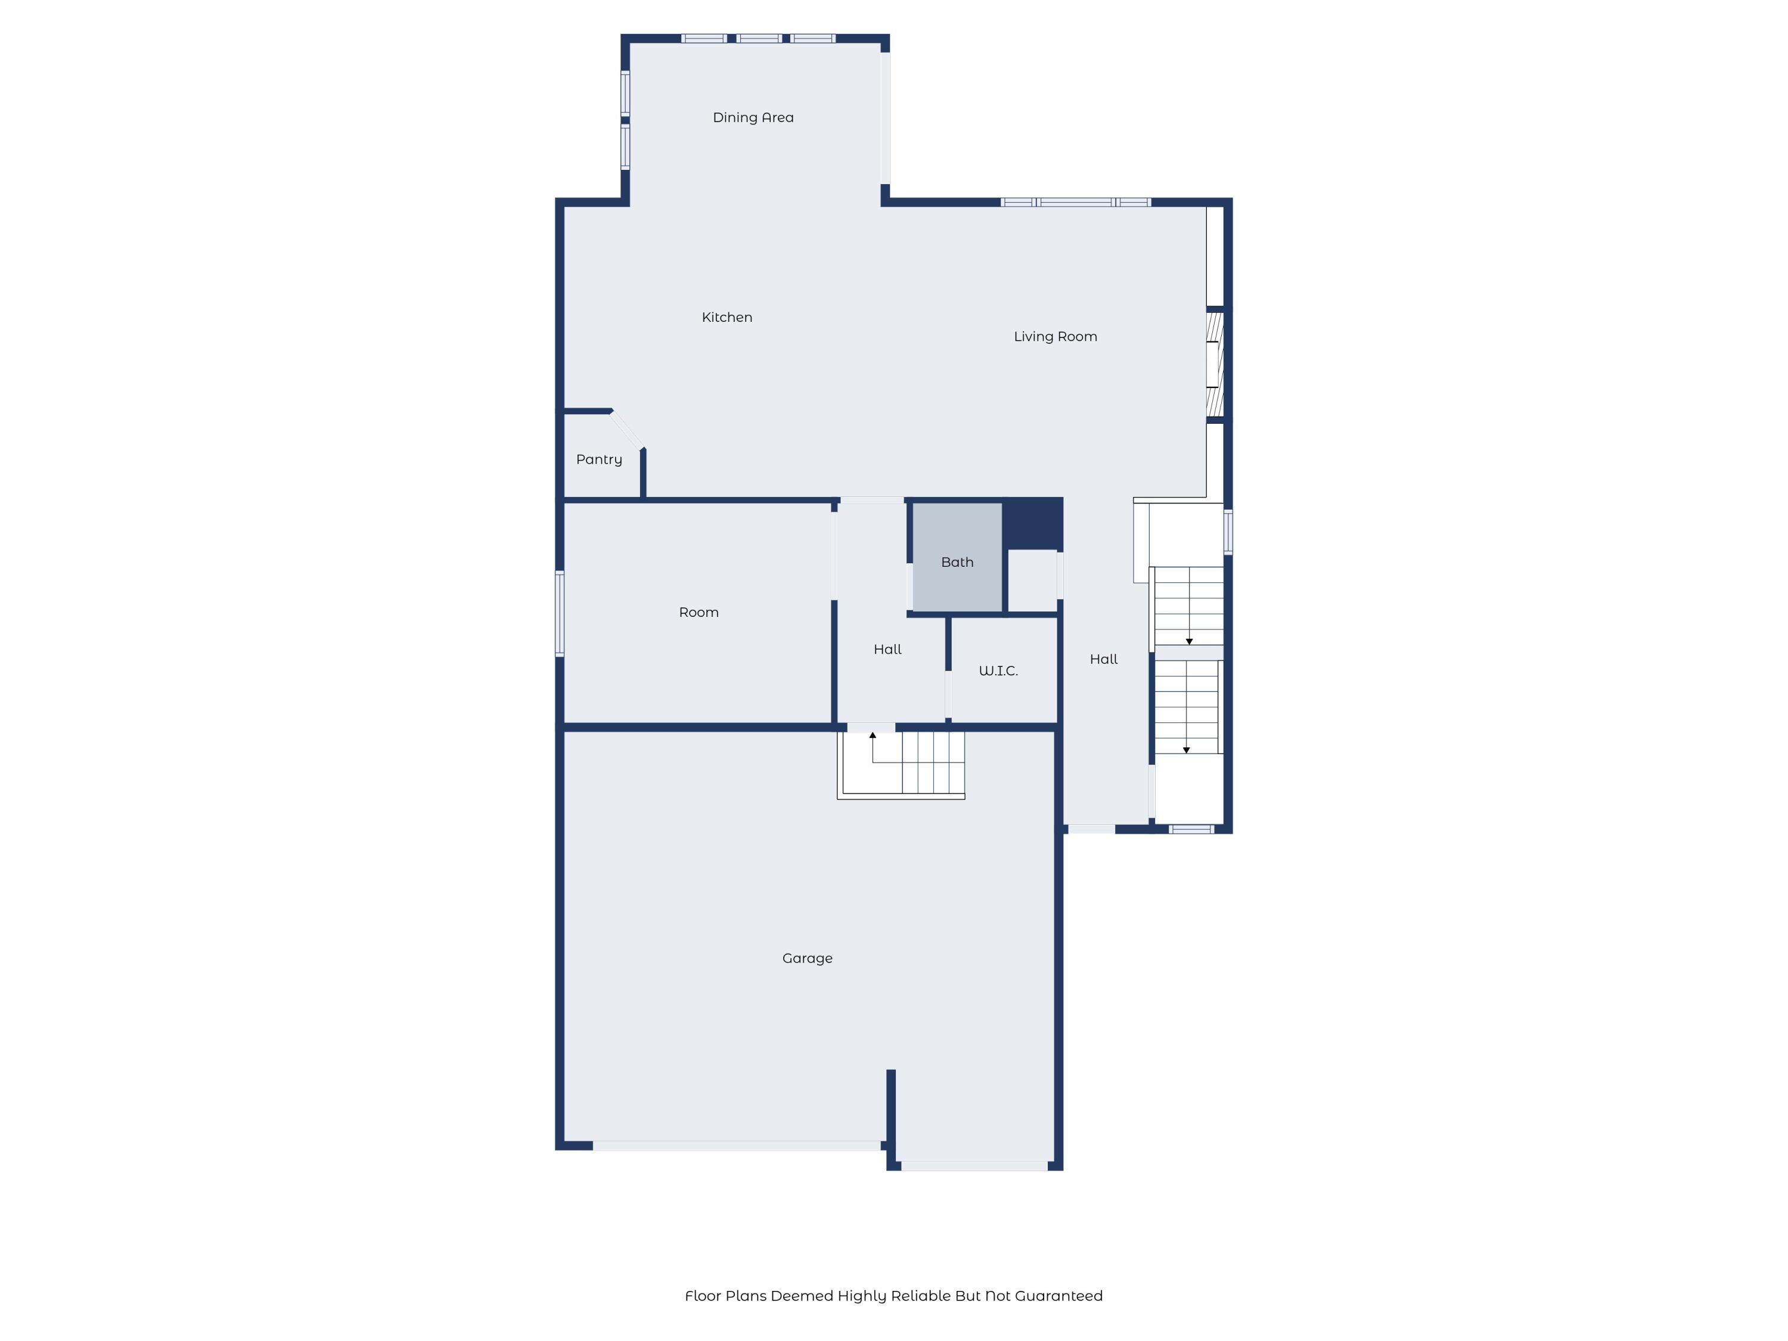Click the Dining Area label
pos(753,118)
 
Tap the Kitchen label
pos(727,318)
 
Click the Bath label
pos(957,563)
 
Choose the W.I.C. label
pos(998,671)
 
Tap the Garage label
pos(807,958)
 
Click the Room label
pos(699,613)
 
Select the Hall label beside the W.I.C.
pos(887,650)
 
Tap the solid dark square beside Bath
pos(1032,524)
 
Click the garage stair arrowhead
pos(872,735)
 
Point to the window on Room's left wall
pos(560,613)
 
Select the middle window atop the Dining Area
pos(758,38)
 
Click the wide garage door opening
pos(737,1146)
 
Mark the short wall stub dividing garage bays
pos(891,1107)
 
